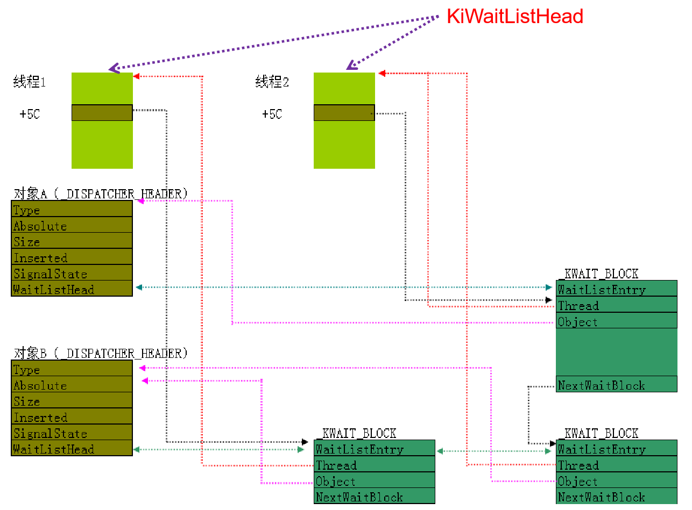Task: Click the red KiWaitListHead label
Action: [x=515, y=17]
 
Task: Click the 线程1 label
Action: [x=30, y=82]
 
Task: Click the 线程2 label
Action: [x=272, y=82]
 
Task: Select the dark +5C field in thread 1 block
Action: [x=102, y=112]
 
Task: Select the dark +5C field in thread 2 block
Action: [x=344, y=112]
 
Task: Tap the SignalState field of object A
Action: [x=72, y=273]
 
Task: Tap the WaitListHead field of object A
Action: [x=72, y=289]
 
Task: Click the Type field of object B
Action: [x=72, y=369]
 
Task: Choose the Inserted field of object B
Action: [x=72, y=417]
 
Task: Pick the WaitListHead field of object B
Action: [x=72, y=449]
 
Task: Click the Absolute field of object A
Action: [x=72, y=225]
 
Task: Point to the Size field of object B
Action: [x=72, y=401]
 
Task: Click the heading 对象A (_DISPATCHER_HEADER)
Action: [x=100, y=193]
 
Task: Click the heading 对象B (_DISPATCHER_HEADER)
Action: [x=100, y=353]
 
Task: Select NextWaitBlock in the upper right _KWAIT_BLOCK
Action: [x=616, y=385]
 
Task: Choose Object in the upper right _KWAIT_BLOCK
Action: [x=616, y=321]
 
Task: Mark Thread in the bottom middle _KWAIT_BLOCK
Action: [x=374, y=465]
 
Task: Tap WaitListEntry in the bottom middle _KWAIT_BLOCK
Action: [x=374, y=449]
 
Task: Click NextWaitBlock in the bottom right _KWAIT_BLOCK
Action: [x=616, y=497]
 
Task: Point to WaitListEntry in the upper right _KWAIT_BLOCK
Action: [x=616, y=289]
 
